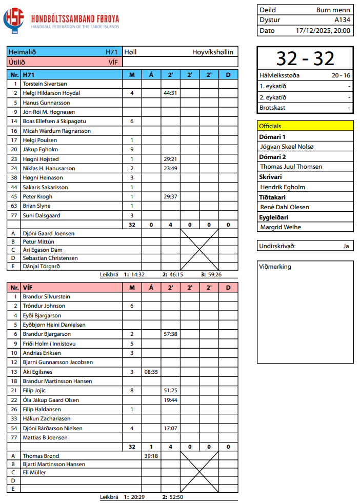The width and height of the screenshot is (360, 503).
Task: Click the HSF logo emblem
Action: (x=14, y=20)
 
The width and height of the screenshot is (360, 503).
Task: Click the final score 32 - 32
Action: (x=305, y=59)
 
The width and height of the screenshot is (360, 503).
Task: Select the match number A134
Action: (x=342, y=20)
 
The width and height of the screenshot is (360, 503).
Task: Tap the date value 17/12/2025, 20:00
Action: (x=323, y=30)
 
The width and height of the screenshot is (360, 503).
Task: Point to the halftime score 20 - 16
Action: (x=341, y=75)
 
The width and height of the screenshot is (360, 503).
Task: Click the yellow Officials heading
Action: (x=270, y=126)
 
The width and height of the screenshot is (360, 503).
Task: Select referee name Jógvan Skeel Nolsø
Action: (x=287, y=147)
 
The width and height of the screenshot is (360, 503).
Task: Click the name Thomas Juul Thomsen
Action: (x=291, y=167)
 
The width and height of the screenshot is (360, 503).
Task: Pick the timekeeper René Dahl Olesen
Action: (x=285, y=207)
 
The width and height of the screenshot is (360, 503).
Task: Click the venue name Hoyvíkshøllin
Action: (x=213, y=52)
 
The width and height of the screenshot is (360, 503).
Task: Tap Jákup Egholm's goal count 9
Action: (x=132, y=150)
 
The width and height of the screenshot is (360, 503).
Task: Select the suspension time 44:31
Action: (x=170, y=93)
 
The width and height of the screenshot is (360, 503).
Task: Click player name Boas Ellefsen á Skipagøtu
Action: (x=54, y=122)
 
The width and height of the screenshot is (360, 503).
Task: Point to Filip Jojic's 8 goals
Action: (x=132, y=391)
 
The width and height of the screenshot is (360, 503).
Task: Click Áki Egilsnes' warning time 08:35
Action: (x=151, y=372)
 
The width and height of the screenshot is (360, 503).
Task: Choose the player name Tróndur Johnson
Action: (x=44, y=306)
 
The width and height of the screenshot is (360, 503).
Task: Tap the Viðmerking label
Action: (x=275, y=267)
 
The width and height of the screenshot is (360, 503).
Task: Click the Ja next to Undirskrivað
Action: (x=346, y=246)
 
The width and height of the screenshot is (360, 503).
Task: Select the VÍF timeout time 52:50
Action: (x=176, y=497)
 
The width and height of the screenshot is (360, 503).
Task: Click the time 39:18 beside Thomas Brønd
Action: (x=151, y=456)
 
